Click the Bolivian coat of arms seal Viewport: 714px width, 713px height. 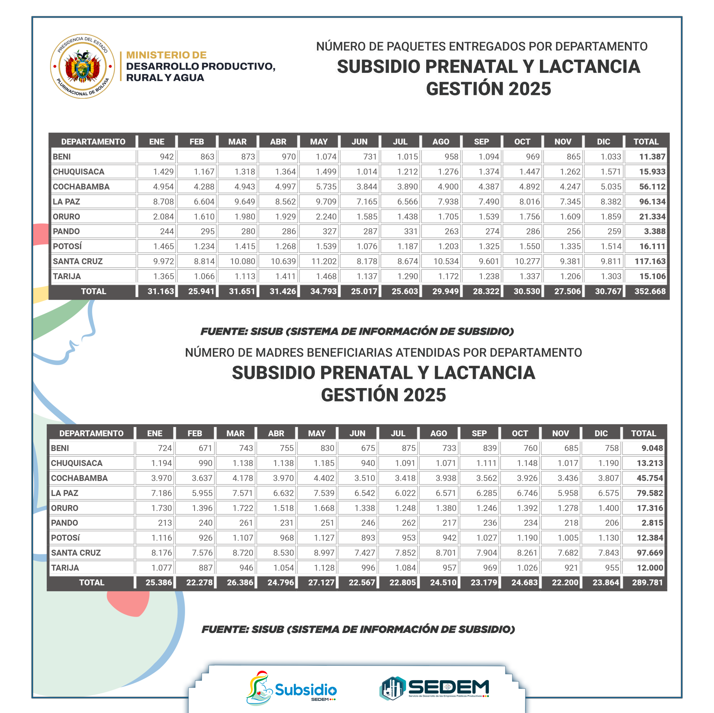(x=82, y=66)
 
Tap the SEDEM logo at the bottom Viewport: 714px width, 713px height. (x=435, y=688)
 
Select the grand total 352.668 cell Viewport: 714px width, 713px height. (x=650, y=291)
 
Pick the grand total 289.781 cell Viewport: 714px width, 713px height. (x=647, y=582)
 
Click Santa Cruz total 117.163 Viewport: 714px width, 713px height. (x=650, y=261)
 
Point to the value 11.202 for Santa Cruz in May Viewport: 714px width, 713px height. (x=324, y=261)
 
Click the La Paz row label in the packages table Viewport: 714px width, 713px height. (x=67, y=202)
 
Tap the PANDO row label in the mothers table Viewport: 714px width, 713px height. (x=65, y=523)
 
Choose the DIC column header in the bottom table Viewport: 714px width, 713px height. (x=601, y=433)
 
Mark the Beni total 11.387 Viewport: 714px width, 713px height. (x=652, y=157)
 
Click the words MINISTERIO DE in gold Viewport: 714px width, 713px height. (x=166, y=55)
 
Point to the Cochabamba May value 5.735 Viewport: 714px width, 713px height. (x=326, y=187)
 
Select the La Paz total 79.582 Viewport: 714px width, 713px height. (x=650, y=493)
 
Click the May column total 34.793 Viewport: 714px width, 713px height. (x=323, y=291)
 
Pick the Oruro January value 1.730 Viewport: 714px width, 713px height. (x=161, y=508)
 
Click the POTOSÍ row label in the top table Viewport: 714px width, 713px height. (x=67, y=246)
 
